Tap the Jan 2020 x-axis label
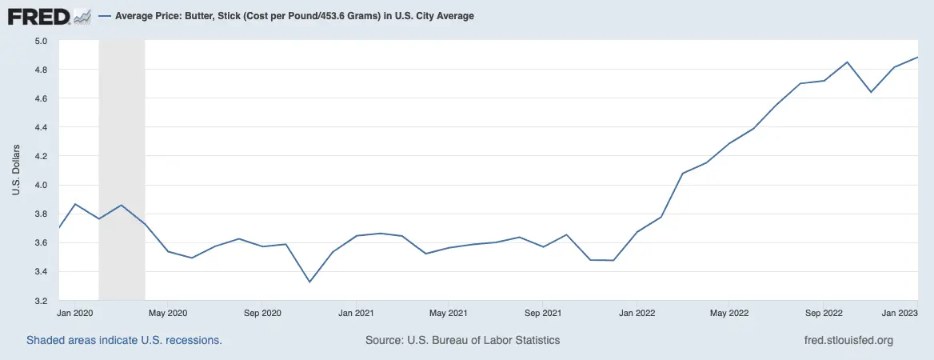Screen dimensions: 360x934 (x=77, y=312)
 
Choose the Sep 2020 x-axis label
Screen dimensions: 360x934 (x=262, y=312)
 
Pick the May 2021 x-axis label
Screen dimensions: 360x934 (x=448, y=312)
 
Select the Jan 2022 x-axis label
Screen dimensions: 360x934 (x=637, y=312)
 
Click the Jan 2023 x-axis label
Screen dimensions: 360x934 (x=898, y=312)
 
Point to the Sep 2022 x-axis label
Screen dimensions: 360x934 (x=824, y=312)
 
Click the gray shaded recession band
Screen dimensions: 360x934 (x=122, y=160)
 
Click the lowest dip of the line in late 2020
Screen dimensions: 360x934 (x=309, y=282)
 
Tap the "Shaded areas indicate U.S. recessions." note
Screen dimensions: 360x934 (x=124, y=340)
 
